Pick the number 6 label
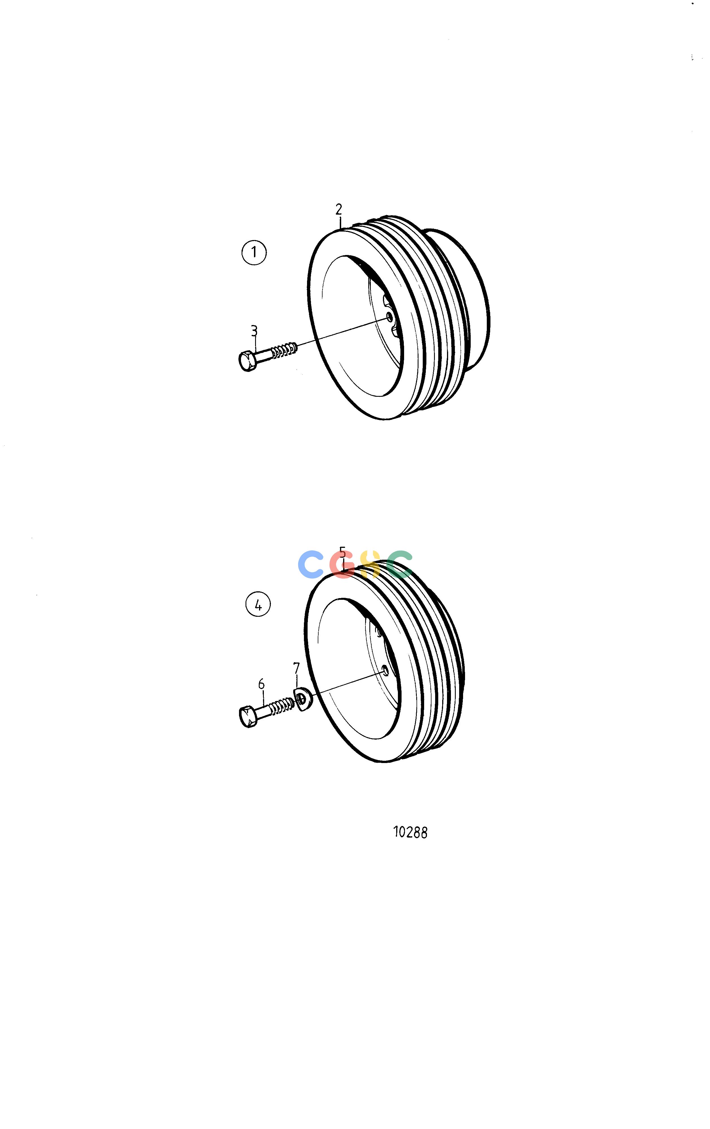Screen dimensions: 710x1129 coord(261,684)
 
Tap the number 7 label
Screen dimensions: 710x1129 coord(296,668)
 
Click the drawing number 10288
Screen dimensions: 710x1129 coord(410,832)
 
